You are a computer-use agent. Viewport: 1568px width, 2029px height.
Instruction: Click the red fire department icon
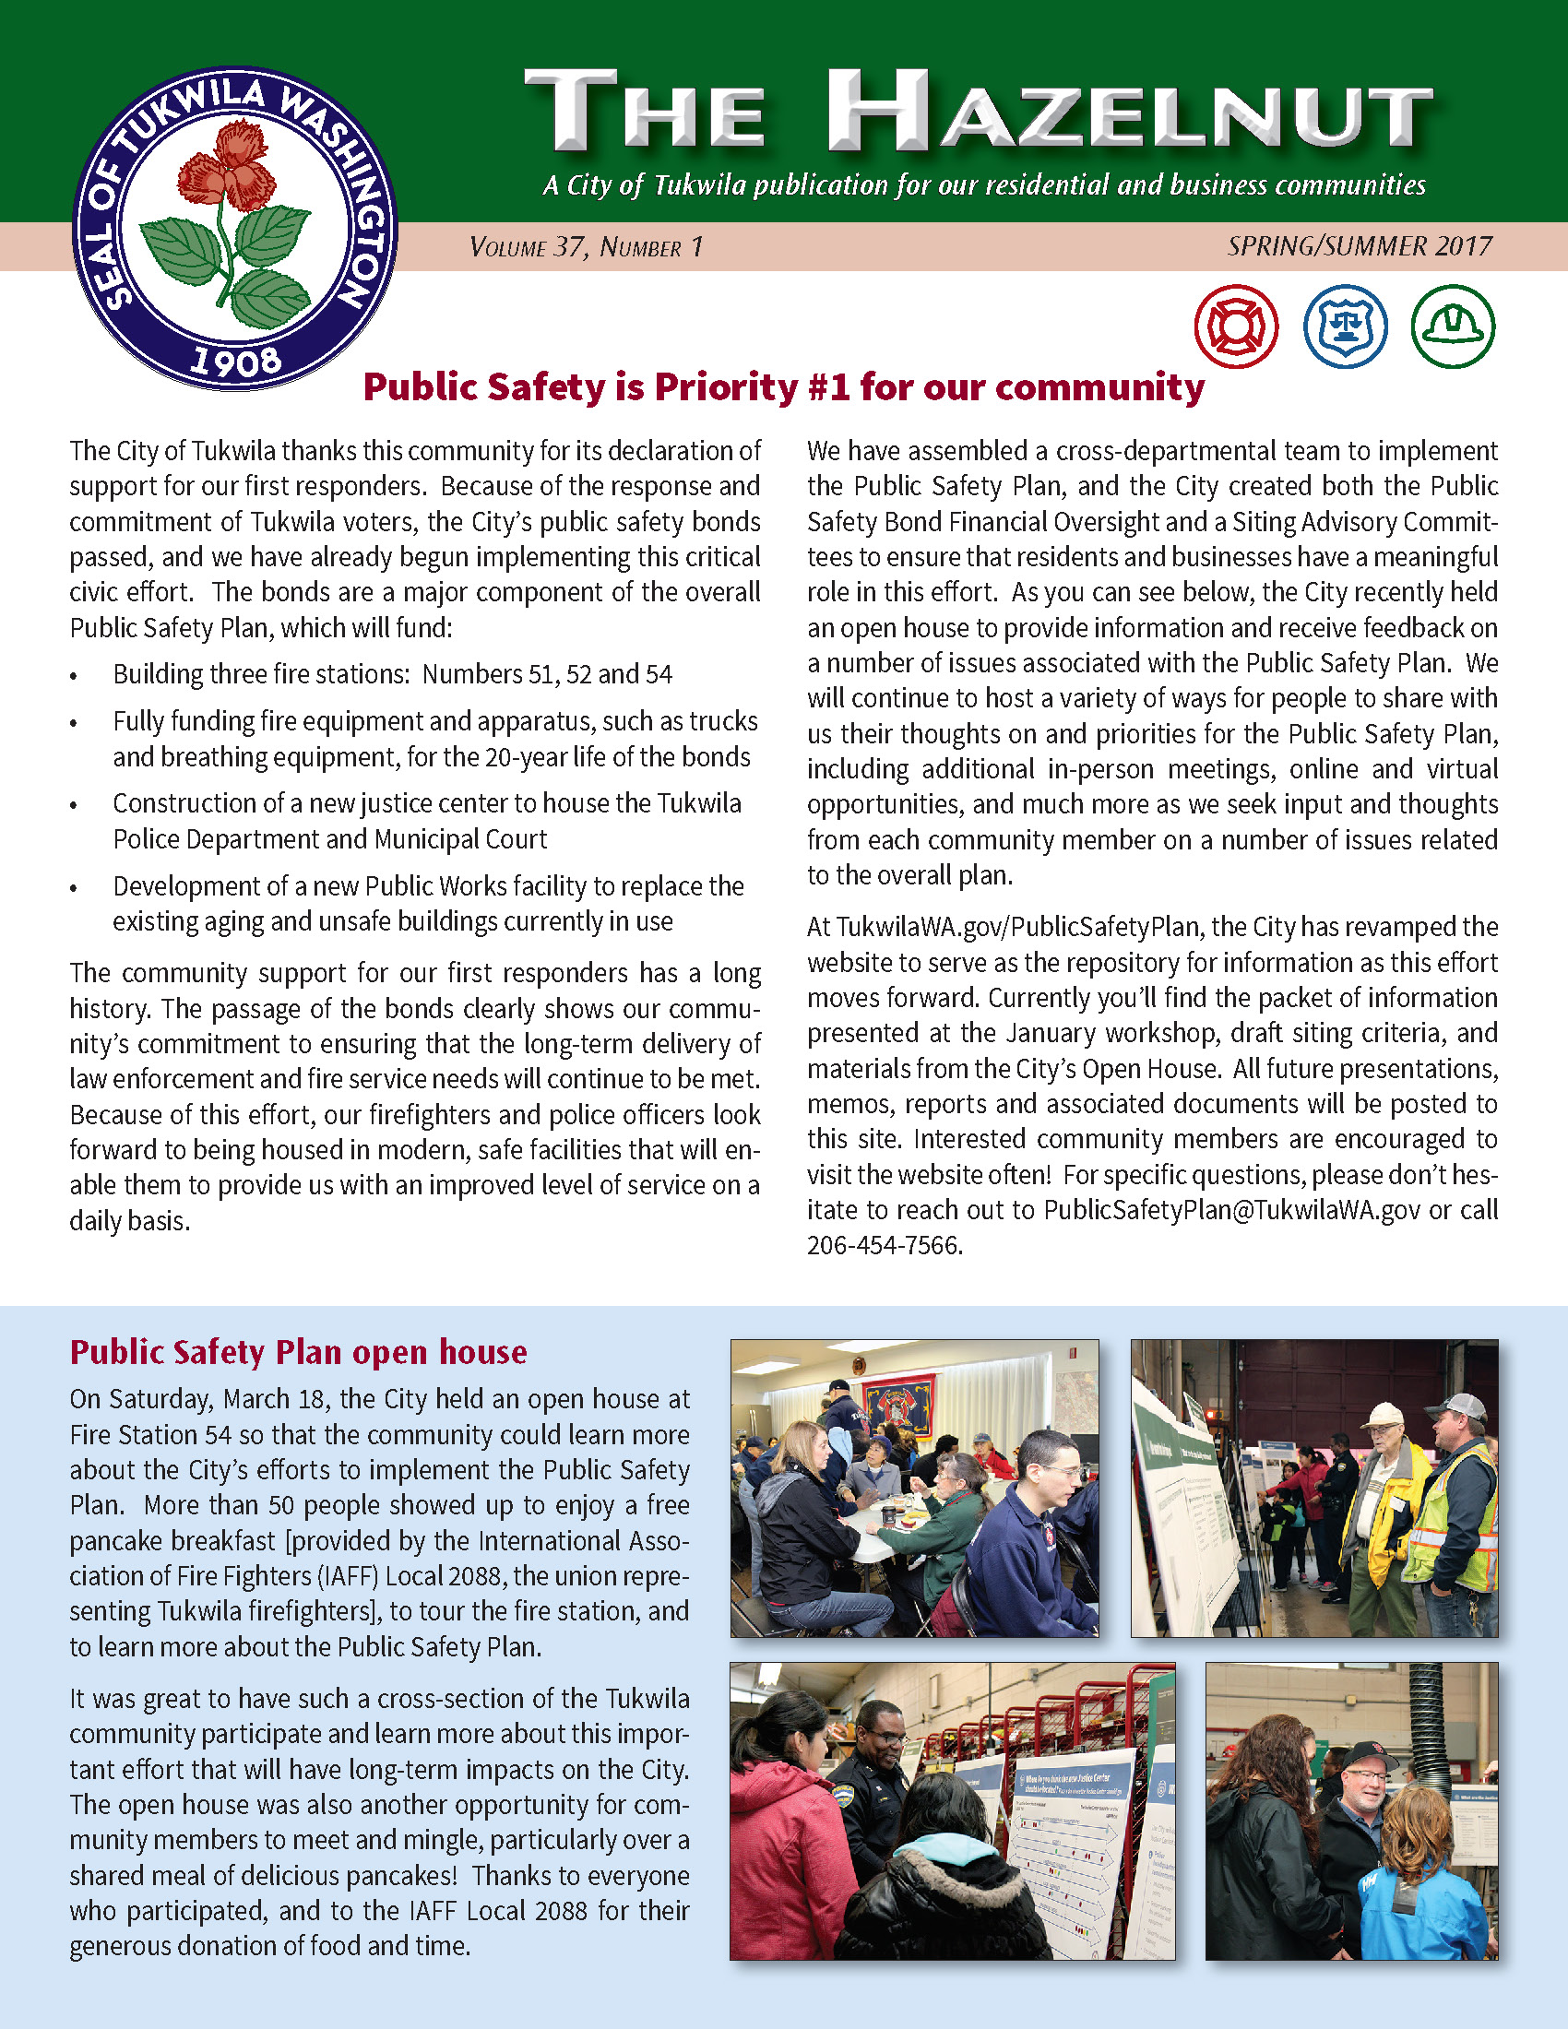click(1235, 326)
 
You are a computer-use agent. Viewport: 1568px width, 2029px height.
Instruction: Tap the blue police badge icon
click(1344, 326)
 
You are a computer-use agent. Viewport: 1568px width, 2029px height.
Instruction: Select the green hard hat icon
click(1453, 326)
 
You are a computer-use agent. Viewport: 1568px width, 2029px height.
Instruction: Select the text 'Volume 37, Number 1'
click(586, 247)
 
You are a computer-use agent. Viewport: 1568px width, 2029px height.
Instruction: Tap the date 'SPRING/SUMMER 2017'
click(1359, 246)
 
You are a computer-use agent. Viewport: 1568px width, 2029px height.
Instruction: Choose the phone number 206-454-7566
click(883, 1245)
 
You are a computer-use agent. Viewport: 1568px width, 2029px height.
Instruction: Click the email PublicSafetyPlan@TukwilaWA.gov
click(1231, 1210)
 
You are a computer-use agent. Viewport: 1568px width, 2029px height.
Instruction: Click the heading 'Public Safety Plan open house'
click(298, 1352)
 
